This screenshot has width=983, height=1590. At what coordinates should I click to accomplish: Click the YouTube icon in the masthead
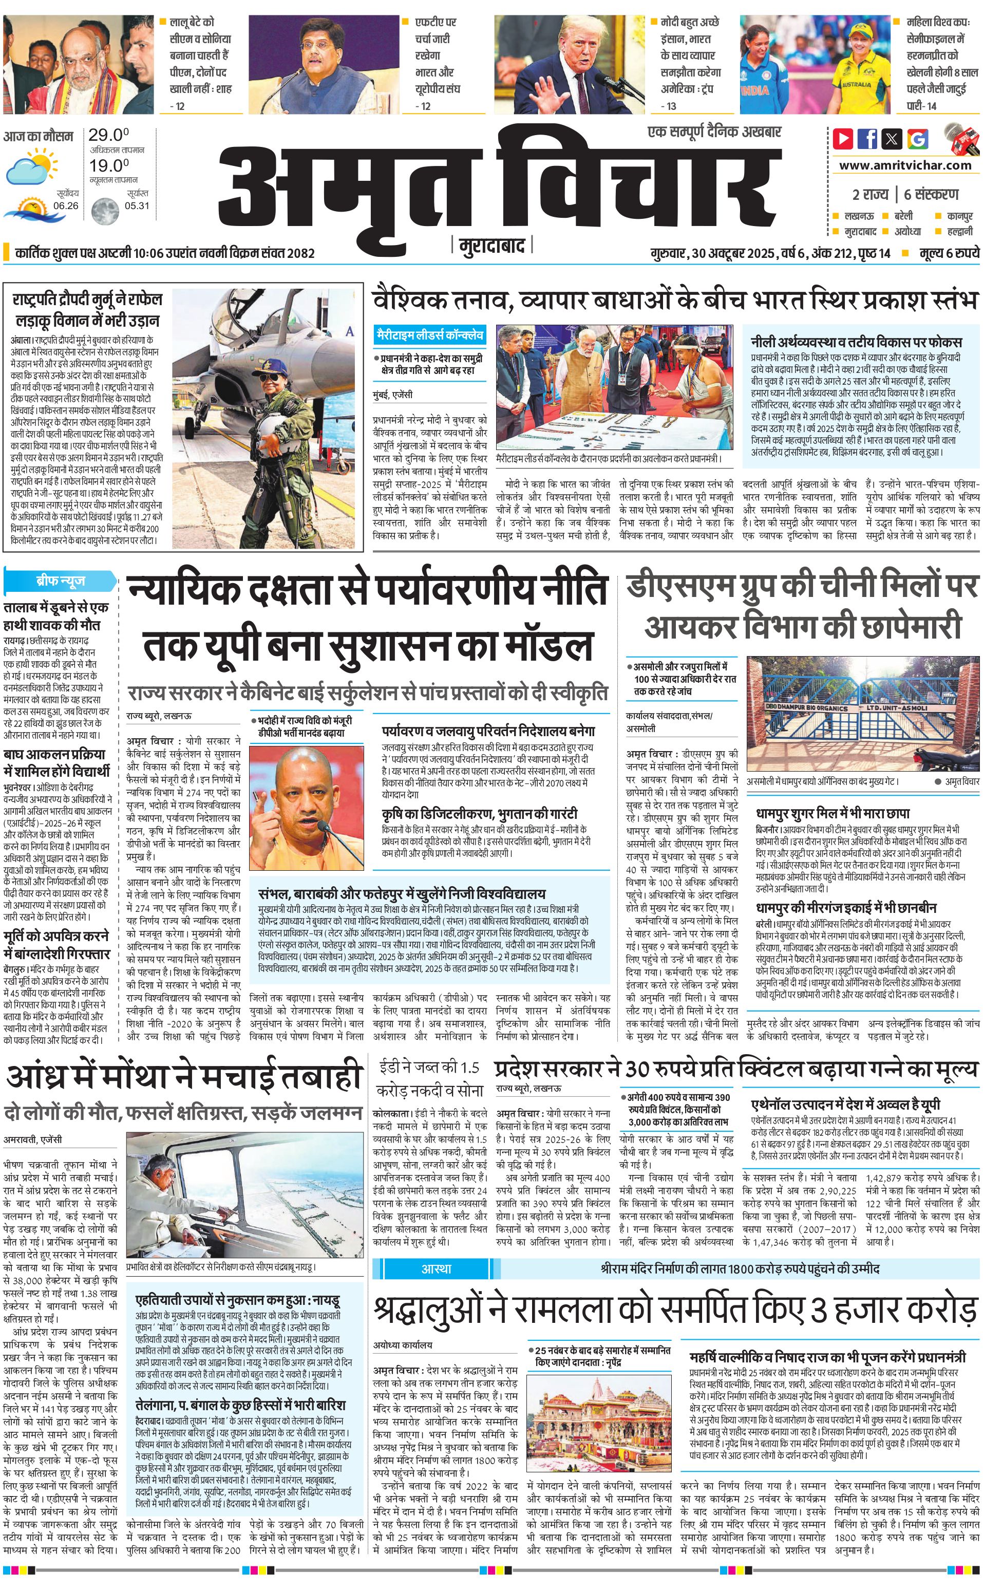[844, 139]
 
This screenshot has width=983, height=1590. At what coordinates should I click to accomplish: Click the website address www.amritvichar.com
[904, 165]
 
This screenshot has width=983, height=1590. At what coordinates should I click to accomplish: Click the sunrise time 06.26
[66, 205]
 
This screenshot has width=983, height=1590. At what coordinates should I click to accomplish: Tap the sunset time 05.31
[137, 205]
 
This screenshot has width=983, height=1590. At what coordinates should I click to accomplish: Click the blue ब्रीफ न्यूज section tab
[60, 580]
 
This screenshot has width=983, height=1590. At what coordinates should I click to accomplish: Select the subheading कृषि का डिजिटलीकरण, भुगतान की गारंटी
[479, 814]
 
